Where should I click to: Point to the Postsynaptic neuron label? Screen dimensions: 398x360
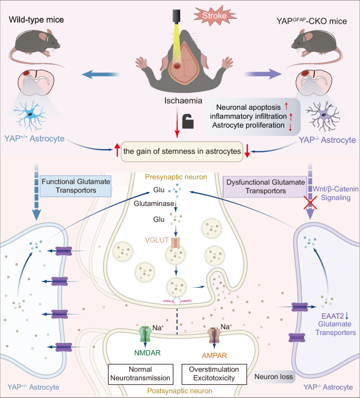180,391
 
